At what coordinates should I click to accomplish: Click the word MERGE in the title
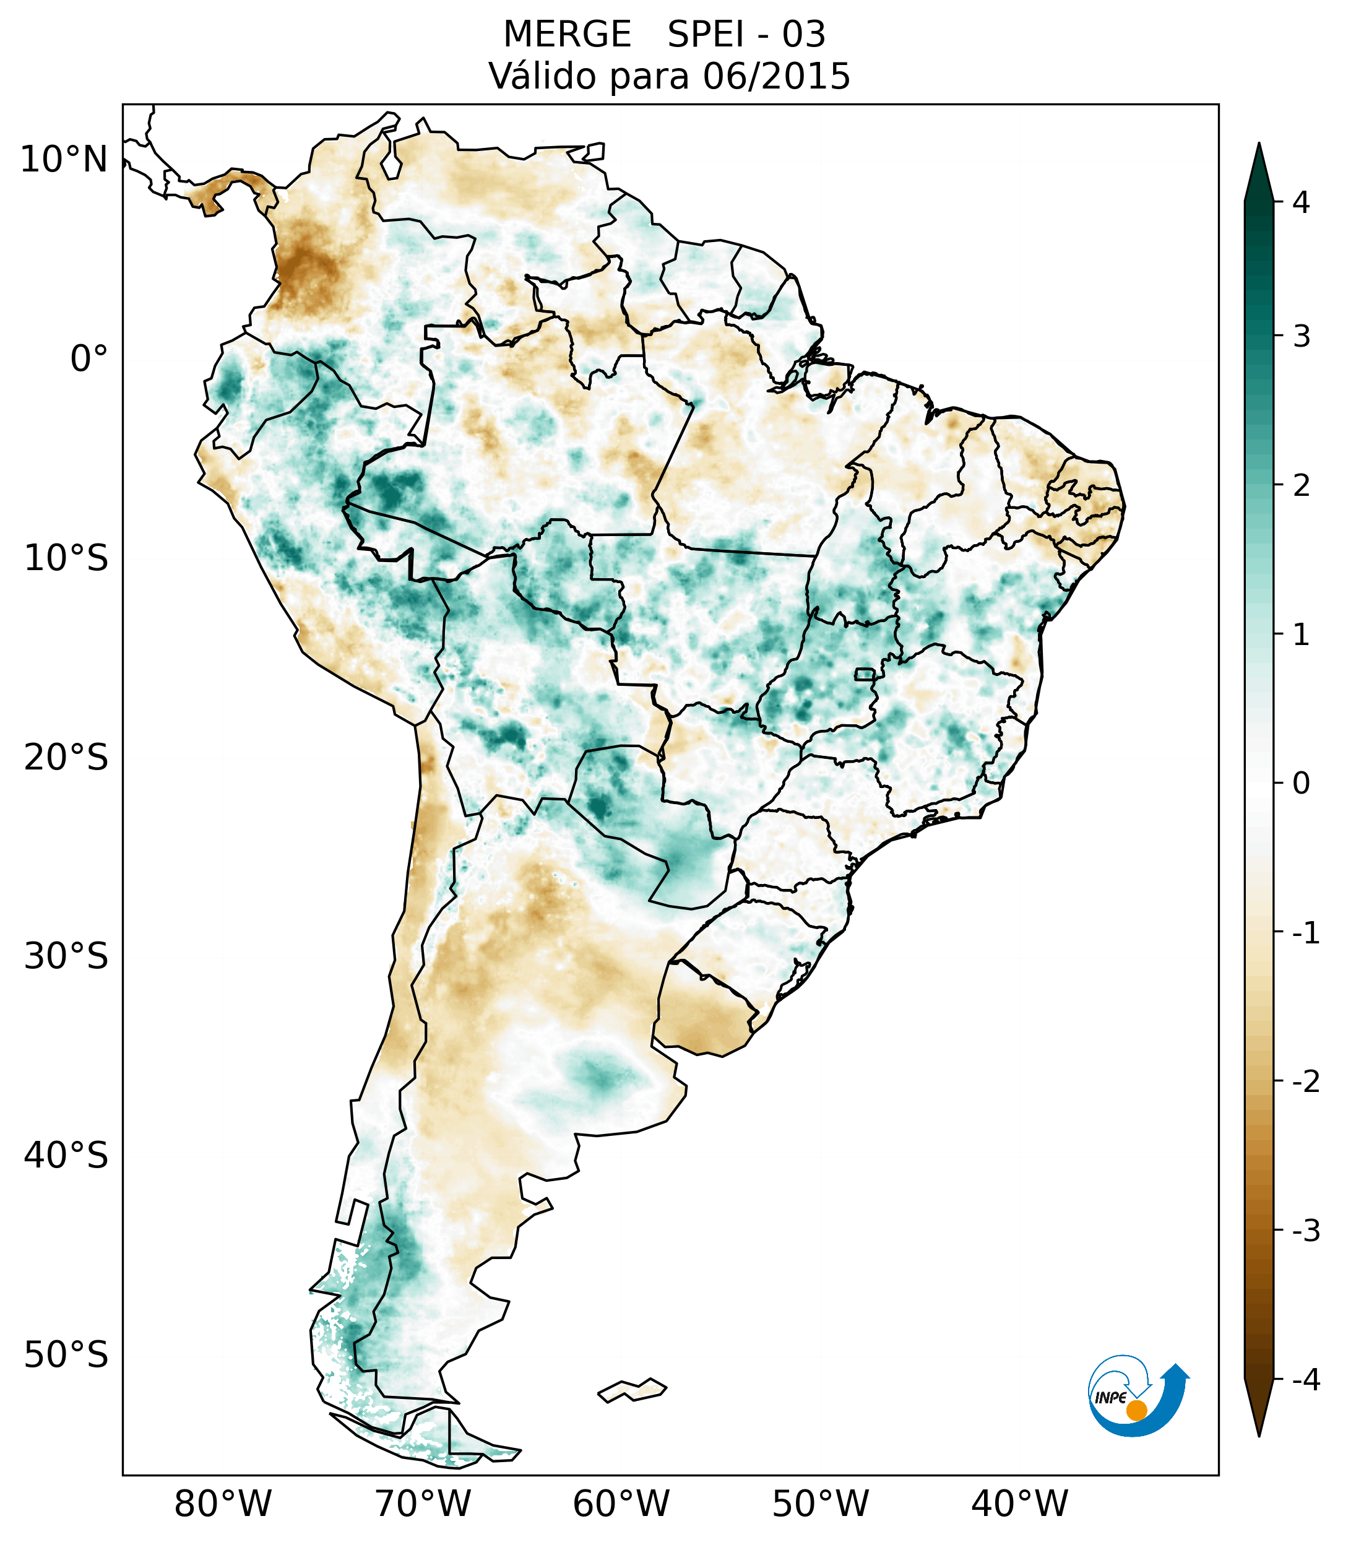[x=566, y=35]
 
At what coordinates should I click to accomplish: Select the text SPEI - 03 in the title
[x=746, y=35]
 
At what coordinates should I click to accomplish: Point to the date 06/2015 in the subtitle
[x=776, y=76]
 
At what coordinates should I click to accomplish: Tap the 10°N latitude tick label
[x=64, y=160]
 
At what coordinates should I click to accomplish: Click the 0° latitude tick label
[x=89, y=359]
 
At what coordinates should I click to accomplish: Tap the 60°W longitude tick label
[x=621, y=1504]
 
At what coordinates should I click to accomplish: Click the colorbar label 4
[x=1301, y=202]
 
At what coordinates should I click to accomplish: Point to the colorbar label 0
[x=1301, y=784]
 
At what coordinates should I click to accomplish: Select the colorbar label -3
[x=1305, y=1231]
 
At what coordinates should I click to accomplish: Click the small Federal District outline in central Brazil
[x=864, y=674]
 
